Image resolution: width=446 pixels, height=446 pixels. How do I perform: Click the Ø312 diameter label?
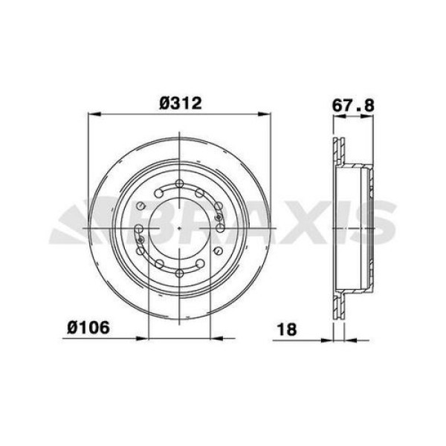[x=181, y=103]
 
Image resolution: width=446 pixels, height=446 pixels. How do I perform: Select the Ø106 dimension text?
[x=88, y=326]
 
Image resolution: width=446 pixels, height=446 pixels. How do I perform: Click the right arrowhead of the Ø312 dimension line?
[x=269, y=114]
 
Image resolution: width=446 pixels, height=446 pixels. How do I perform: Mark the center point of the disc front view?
[x=181, y=226]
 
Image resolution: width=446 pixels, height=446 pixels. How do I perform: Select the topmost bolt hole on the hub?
[x=181, y=187]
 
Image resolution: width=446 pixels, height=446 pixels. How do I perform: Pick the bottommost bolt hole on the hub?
[x=181, y=266]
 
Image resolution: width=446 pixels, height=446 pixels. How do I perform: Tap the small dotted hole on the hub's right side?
[x=219, y=216]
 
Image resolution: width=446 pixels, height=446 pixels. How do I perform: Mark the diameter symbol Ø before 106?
[x=73, y=326]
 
